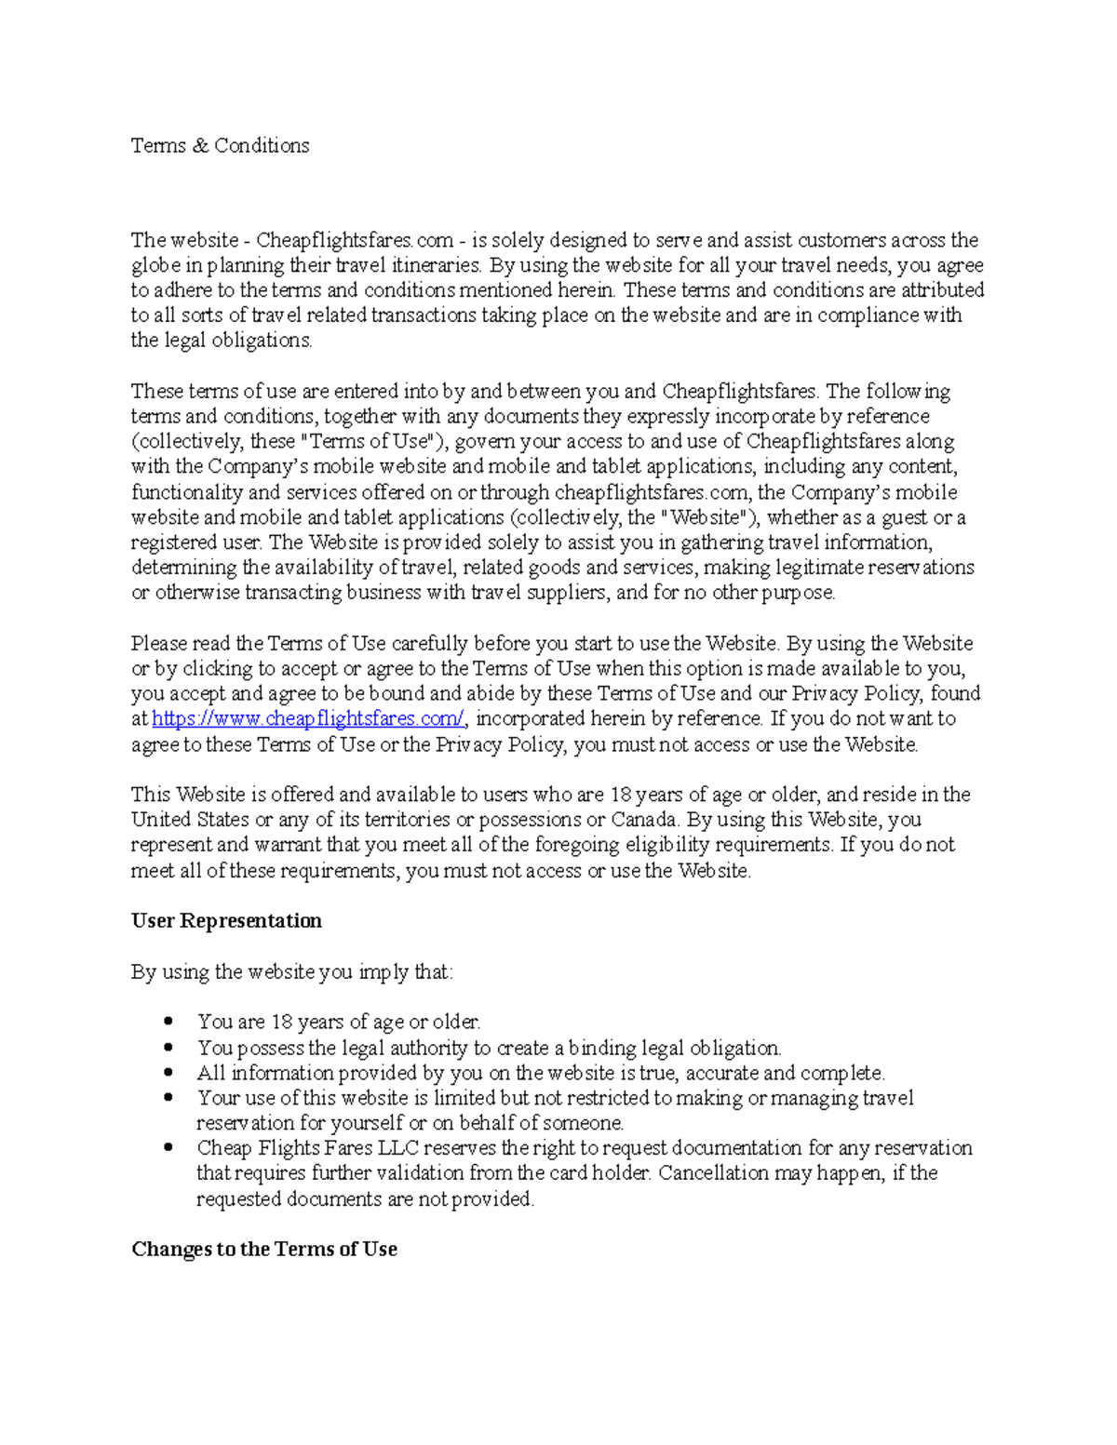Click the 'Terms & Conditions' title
pos(220,146)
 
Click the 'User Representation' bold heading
pos(226,921)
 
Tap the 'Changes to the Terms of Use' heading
pos(264,1250)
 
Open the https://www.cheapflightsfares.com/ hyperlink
pos(308,719)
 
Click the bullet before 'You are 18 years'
pos(168,1022)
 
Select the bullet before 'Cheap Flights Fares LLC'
pos(168,1148)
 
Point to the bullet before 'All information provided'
pos(168,1073)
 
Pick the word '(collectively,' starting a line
pos(187,442)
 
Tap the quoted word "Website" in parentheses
pos(705,517)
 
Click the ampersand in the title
pos(200,146)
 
